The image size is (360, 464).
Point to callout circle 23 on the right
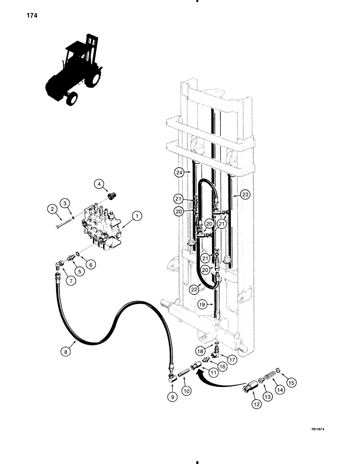pos(246,195)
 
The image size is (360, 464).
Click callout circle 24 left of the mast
pos(179,173)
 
